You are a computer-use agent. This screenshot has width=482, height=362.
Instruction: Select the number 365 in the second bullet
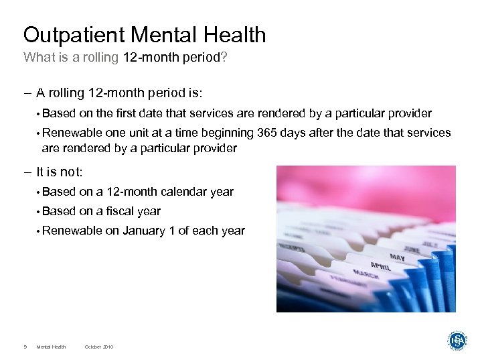tap(257, 133)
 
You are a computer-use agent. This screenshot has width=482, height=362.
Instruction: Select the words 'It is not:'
tap(59, 172)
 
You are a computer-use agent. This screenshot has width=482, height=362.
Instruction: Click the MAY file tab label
tap(398, 257)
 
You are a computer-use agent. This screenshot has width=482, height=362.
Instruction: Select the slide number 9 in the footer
tap(25, 347)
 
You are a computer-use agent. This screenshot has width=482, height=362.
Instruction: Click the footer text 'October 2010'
tap(99, 347)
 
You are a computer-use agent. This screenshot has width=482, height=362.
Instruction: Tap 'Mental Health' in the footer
tap(52, 347)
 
